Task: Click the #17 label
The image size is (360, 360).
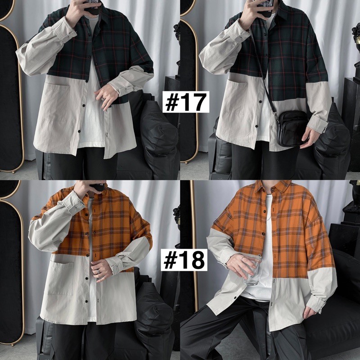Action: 186,102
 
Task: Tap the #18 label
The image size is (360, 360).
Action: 184,260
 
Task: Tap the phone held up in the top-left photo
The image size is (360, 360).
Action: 93,6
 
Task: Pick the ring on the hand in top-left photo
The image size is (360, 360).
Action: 103,99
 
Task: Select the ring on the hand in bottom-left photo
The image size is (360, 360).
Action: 99,271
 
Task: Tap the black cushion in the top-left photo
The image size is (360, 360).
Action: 158,133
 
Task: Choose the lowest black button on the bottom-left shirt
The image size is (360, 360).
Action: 87,301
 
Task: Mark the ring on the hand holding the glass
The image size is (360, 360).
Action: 243,258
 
